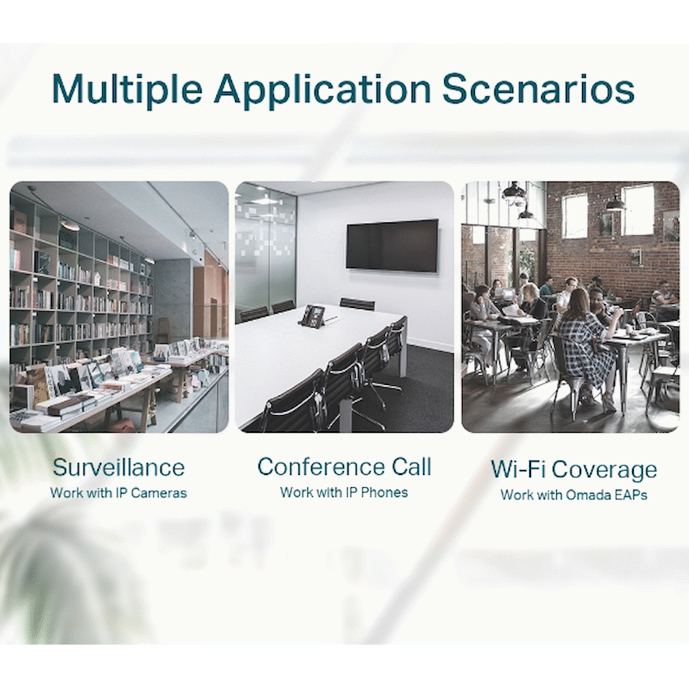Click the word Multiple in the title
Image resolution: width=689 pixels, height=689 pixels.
tap(127, 89)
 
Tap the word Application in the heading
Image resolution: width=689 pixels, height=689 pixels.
tap(322, 89)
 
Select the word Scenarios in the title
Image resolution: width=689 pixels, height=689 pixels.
tap(538, 88)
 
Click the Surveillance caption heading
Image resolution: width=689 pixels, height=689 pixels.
tap(118, 468)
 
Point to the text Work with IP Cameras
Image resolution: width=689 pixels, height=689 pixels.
tap(118, 493)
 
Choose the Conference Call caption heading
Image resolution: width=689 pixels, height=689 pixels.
tap(344, 467)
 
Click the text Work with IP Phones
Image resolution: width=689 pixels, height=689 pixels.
tap(344, 492)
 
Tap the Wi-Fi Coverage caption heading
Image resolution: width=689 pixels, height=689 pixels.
tap(574, 469)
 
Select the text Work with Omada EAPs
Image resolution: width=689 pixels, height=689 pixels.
tap(574, 494)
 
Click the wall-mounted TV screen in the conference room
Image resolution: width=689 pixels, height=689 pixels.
tap(392, 245)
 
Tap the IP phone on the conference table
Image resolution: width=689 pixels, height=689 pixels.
tap(313, 315)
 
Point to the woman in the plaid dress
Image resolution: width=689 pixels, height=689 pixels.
tap(587, 347)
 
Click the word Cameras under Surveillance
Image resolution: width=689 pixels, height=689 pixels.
tap(159, 493)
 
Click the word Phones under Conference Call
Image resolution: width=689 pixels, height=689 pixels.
tap(384, 492)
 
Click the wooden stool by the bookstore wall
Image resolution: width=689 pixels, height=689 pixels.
tap(163, 331)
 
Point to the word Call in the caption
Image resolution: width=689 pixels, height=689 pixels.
tap(412, 467)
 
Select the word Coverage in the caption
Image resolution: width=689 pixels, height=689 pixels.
tap(604, 469)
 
